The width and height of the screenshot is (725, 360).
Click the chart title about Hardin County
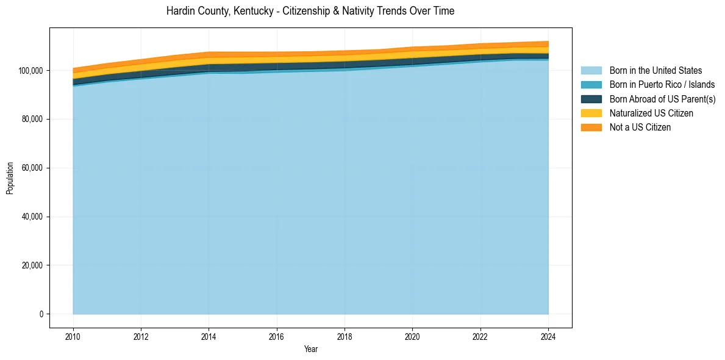[x=310, y=11]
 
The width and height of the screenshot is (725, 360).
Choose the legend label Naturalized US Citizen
[x=651, y=113]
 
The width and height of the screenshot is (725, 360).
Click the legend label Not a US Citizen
[x=640, y=127]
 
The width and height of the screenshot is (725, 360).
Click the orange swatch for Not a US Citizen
[x=591, y=127]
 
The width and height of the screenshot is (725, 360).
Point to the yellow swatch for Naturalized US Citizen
[x=591, y=113]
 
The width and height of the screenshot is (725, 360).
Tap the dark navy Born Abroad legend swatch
[x=591, y=99]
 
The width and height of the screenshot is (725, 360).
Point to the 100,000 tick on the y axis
[x=30, y=71]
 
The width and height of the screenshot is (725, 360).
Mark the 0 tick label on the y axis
[x=41, y=314]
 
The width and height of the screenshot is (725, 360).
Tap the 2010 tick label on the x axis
[x=73, y=336]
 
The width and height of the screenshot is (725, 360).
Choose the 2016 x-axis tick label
[x=277, y=336]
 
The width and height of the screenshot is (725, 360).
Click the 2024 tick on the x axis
[x=548, y=336]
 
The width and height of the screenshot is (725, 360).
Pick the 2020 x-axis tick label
[x=413, y=336]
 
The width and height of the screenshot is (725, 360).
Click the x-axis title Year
[x=310, y=350]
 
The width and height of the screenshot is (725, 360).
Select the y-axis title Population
[x=10, y=178]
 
